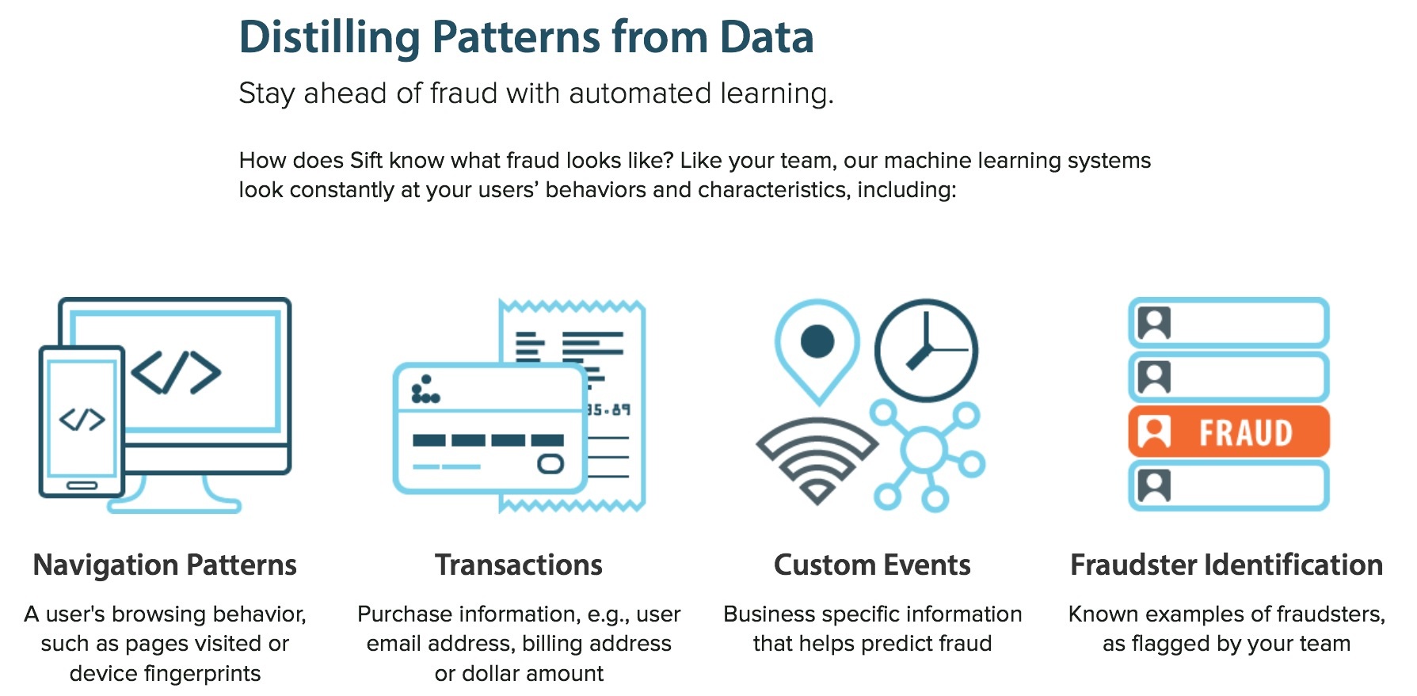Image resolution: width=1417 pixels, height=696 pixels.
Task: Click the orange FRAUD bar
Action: coord(1228,432)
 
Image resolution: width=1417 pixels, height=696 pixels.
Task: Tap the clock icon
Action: coord(926,349)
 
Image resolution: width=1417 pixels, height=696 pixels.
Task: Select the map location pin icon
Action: coord(817,348)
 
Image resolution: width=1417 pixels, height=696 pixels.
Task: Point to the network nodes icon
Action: coord(925,453)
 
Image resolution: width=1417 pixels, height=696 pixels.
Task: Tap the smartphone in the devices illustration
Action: coord(82,420)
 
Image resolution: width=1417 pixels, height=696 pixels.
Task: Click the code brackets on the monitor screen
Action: coord(176,372)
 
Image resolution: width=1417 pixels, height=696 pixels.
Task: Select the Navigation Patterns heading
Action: coord(165,565)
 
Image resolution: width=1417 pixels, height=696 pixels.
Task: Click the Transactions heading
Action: coord(519,565)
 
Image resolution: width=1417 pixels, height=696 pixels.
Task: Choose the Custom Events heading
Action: coord(872,565)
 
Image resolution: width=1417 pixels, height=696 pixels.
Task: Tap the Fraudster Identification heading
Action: coord(1226,565)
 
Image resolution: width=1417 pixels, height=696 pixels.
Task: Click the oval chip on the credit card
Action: coord(550,463)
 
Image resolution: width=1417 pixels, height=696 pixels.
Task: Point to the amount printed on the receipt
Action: coord(608,409)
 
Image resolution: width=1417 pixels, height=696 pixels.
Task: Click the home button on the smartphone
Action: coord(82,485)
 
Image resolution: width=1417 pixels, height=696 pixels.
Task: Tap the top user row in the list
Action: coord(1228,323)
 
